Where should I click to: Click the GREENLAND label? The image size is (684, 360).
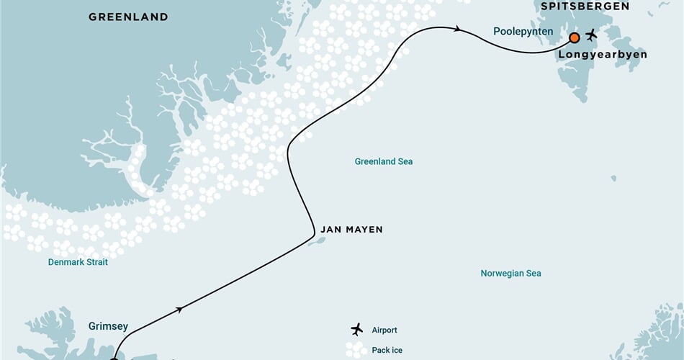[x=128, y=17]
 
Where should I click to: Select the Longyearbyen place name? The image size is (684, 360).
[x=603, y=54]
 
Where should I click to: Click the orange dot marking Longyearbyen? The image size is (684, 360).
[x=575, y=37]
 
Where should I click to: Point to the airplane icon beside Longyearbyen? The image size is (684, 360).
[x=592, y=35]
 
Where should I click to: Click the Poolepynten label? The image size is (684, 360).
[x=523, y=32]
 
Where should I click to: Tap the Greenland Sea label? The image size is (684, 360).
[x=384, y=161]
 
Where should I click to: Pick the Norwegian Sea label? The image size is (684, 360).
[x=510, y=274]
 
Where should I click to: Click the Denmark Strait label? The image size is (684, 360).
[x=78, y=262]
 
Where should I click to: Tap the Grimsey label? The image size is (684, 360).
[x=108, y=326]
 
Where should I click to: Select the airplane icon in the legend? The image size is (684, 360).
[x=356, y=330]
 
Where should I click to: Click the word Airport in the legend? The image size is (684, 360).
[x=384, y=330]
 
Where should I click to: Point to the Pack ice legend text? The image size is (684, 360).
[x=387, y=351]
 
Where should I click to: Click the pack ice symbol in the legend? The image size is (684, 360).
[x=356, y=350]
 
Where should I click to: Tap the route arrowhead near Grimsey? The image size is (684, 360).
[x=179, y=309]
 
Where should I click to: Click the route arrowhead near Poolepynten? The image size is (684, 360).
[x=458, y=30]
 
